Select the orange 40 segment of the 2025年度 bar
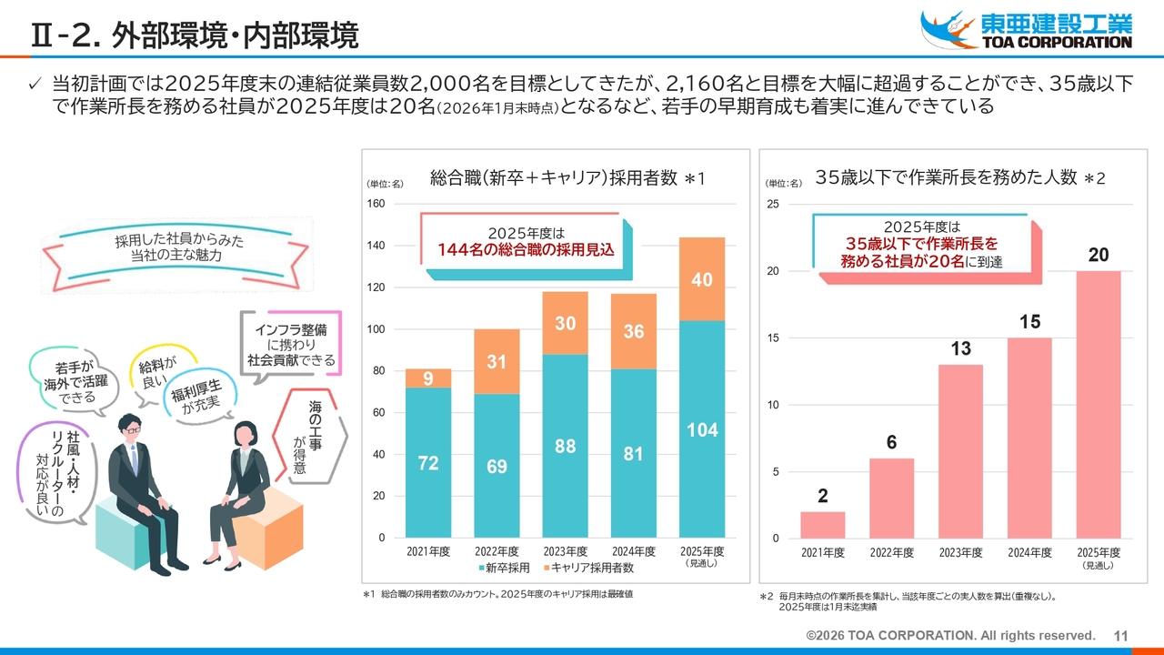click(x=702, y=279)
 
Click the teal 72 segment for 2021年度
click(x=428, y=462)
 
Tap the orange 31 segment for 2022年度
click(x=497, y=361)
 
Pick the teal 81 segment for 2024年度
click(x=634, y=453)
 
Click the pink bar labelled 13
click(x=960, y=451)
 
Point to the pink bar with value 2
click(x=823, y=525)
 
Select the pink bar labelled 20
click(x=1099, y=405)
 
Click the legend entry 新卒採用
click(x=501, y=568)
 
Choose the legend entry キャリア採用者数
click(x=587, y=568)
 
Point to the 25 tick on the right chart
click(x=772, y=204)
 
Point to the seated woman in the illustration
click(x=244, y=491)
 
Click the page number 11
click(x=1120, y=635)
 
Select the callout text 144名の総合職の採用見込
click(x=526, y=249)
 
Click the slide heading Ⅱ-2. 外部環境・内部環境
click(x=195, y=35)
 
